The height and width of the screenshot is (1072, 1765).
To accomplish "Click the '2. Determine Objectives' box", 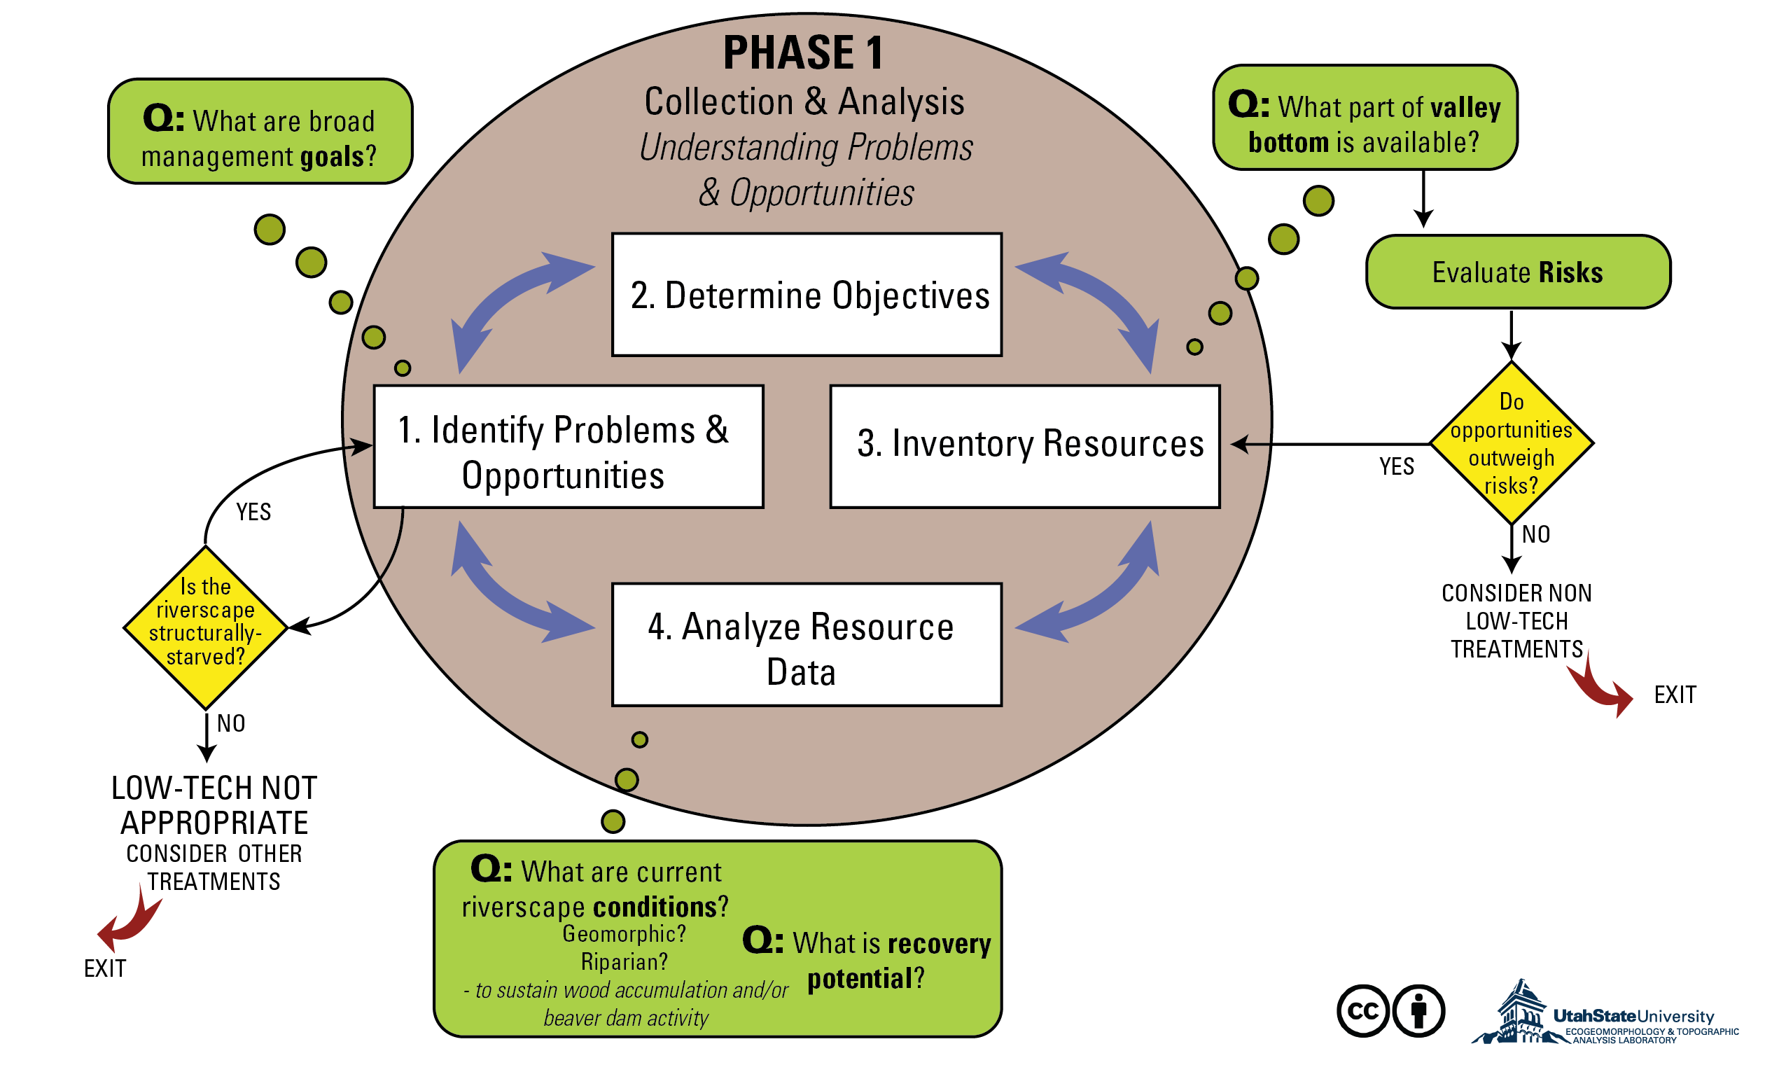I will [807, 295].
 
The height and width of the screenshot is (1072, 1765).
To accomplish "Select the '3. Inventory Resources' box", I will [1024, 447].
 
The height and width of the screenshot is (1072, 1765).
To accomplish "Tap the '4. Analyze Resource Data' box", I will [807, 645].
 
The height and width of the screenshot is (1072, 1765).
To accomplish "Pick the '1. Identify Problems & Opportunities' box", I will [568, 447].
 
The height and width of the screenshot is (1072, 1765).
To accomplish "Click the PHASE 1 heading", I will [804, 53].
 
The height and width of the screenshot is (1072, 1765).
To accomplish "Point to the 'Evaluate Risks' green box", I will [1518, 272].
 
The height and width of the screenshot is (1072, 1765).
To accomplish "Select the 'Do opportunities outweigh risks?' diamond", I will [1512, 443].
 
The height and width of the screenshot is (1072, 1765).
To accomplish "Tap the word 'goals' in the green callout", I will [332, 157].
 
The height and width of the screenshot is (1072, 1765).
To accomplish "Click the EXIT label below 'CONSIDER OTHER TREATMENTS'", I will [104, 969].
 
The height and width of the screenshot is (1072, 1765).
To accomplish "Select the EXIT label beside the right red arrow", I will [1675, 695].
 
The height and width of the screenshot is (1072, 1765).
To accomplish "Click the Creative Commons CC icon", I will [1362, 1011].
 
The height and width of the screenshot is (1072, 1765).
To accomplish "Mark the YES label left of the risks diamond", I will [1397, 467].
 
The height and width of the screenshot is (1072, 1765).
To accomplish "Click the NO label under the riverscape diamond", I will [230, 724].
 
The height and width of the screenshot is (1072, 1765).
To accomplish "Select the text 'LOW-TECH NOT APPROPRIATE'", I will [214, 805].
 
